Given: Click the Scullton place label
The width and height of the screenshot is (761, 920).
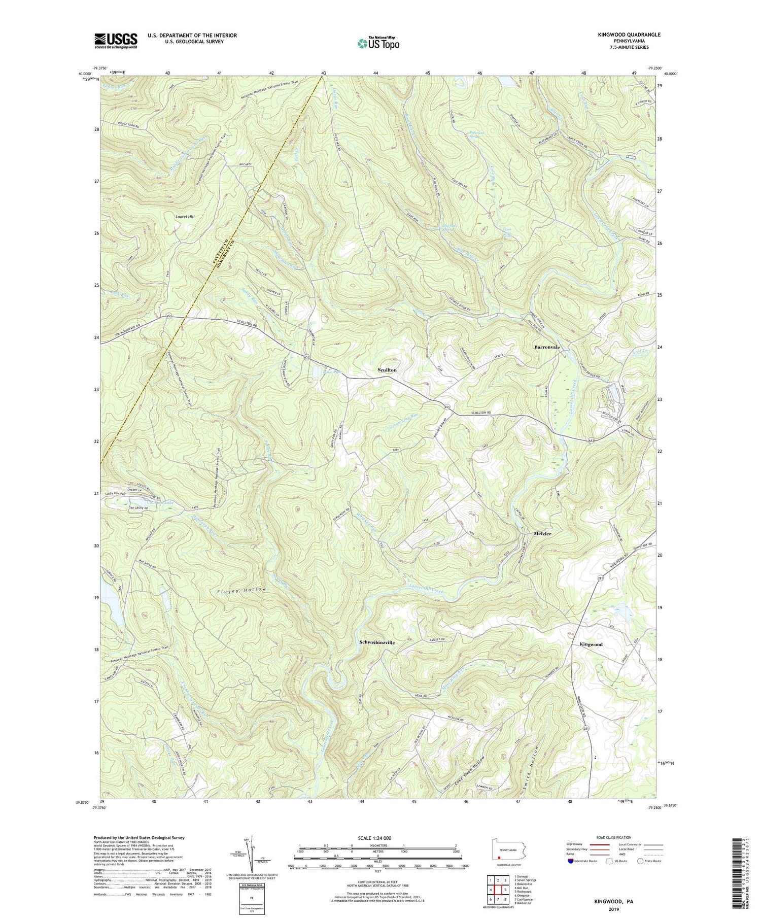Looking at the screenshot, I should tap(387, 370).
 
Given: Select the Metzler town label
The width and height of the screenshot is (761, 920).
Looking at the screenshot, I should tap(542, 534).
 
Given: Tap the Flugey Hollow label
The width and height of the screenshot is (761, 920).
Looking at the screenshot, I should tap(241, 590).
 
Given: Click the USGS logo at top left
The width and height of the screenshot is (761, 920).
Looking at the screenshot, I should tap(116, 41).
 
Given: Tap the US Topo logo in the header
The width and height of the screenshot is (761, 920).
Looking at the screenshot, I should tap(377, 43).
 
